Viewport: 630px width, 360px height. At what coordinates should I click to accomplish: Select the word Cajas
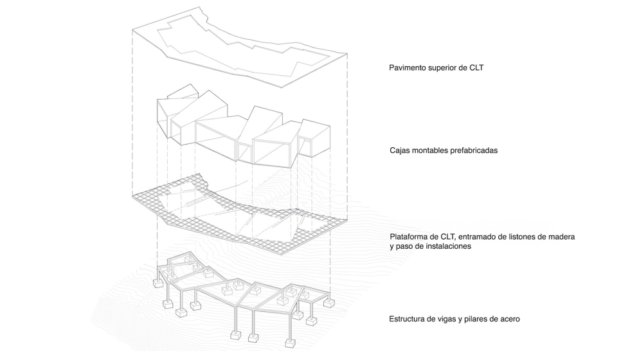click(402, 151)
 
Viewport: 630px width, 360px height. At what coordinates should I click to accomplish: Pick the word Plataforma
click(411, 237)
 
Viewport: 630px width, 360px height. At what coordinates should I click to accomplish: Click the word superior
click(445, 67)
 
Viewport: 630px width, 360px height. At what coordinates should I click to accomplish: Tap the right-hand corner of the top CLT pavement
click(348, 55)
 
